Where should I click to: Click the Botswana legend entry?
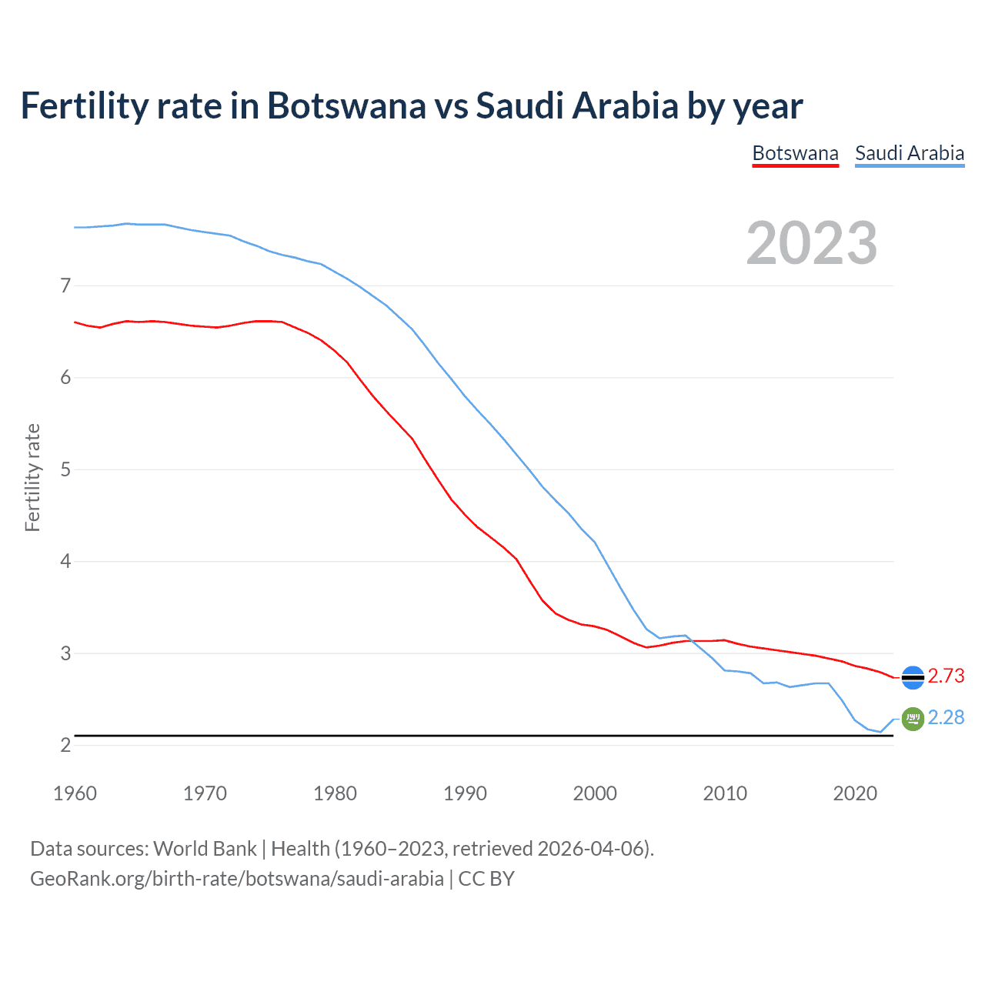[x=795, y=153]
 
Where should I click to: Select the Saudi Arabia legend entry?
[x=910, y=153]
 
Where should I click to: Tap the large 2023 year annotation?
[x=812, y=243]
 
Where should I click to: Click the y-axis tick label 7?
[x=65, y=286]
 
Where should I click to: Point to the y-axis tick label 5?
[x=65, y=469]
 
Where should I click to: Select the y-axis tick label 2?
[x=65, y=745]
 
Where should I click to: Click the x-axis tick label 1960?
[x=75, y=793]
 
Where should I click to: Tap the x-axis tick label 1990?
[x=465, y=793]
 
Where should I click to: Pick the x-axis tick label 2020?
[x=855, y=793]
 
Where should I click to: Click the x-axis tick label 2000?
[x=595, y=793]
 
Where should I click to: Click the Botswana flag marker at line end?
[x=913, y=677]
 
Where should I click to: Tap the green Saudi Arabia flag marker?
[x=913, y=719]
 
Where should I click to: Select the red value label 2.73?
[x=946, y=676]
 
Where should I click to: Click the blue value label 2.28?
[x=946, y=717]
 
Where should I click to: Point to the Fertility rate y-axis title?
[x=32, y=477]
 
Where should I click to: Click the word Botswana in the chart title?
[x=346, y=105]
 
